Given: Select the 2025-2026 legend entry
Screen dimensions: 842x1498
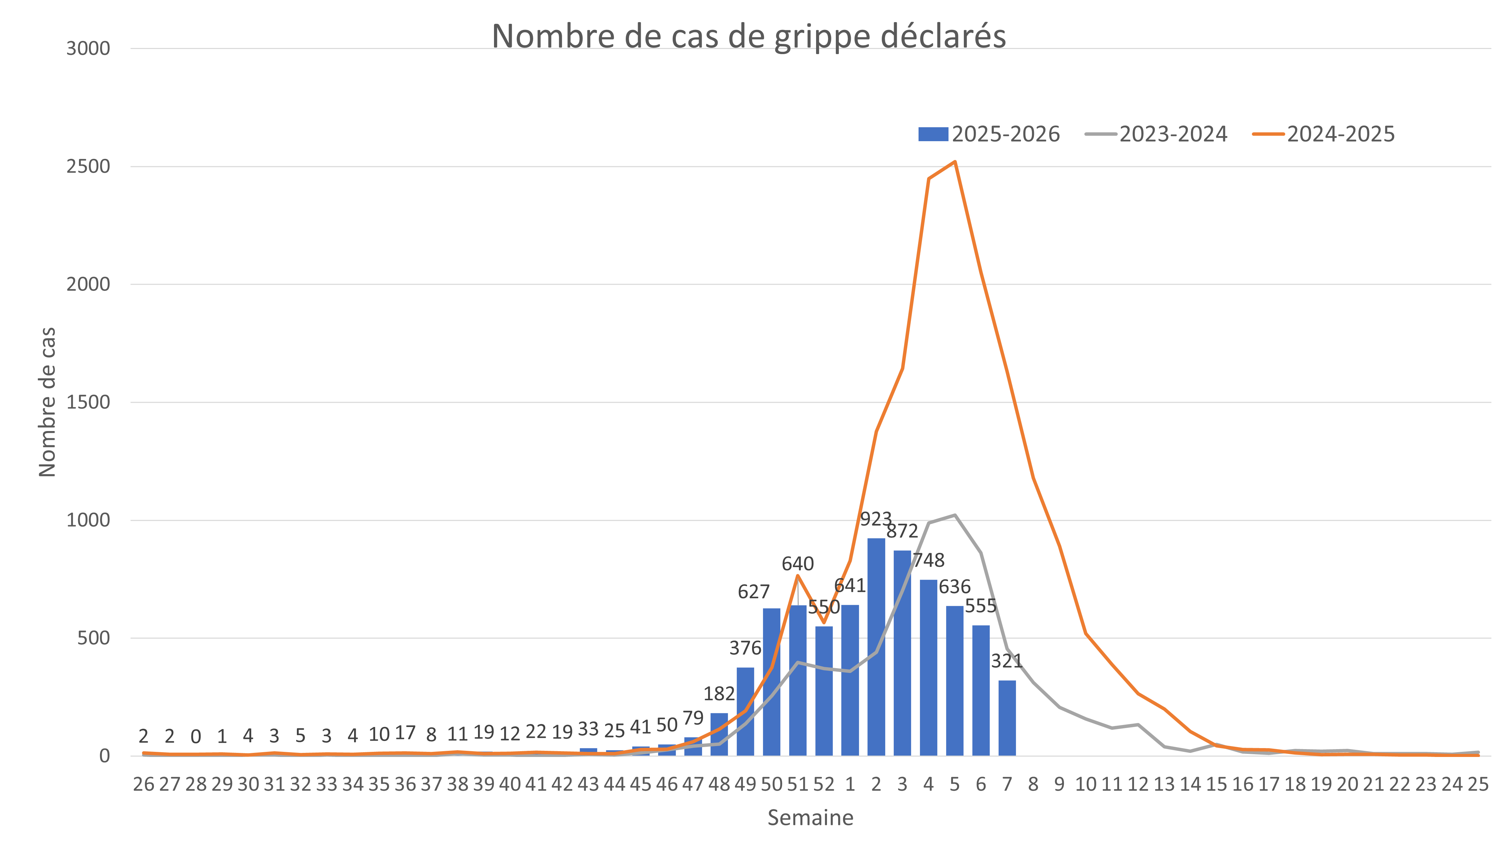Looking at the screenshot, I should pyautogui.click(x=989, y=134).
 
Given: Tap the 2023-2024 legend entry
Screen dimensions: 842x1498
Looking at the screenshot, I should pyautogui.click(x=1156, y=134).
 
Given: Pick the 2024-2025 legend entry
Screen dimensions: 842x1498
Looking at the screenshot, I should pyautogui.click(x=1324, y=134).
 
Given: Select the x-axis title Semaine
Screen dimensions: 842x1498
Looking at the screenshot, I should pyautogui.click(x=810, y=818).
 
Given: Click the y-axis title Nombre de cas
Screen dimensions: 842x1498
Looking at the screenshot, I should pyautogui.click(x=47, y=402).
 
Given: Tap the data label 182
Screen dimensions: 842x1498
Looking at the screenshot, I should pyautogui.click(x=719, y=693).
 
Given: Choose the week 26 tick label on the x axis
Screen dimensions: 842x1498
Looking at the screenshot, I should pyautogui.click(x=144, y=785).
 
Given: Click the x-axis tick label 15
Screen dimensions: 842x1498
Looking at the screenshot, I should pyautogui.click(x=1216, y=785).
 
